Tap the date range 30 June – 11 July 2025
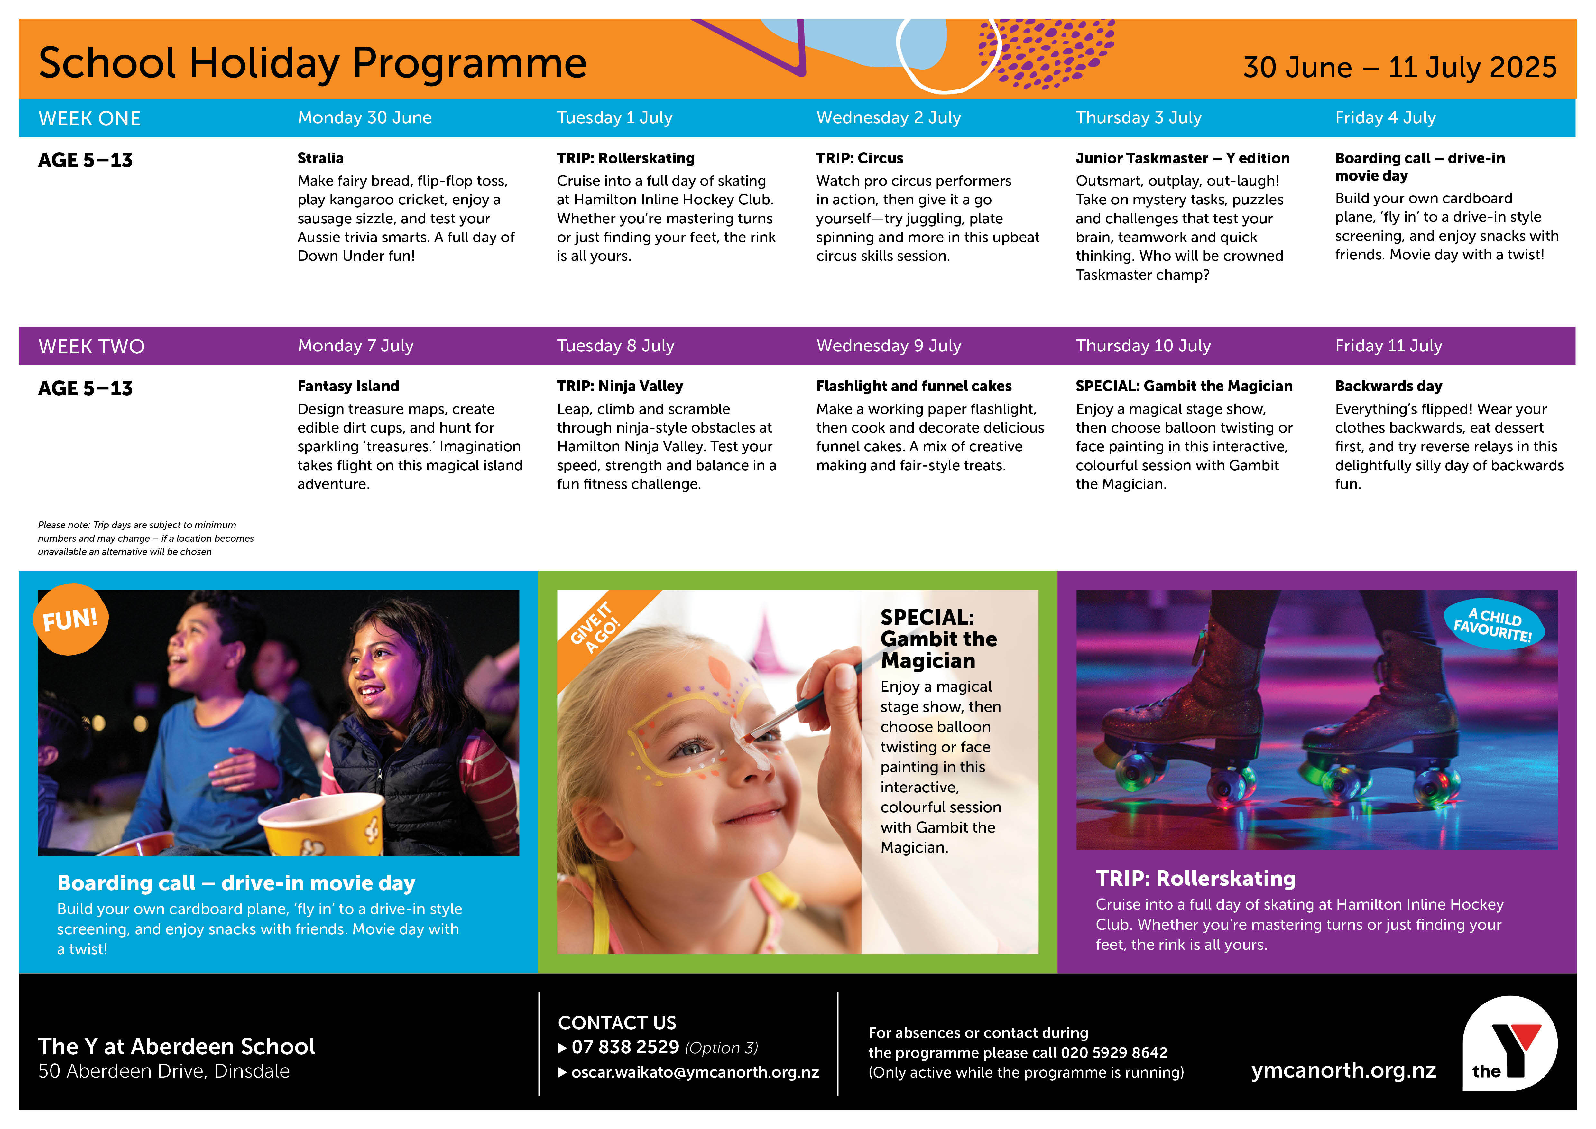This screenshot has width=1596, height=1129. coord(1399,68)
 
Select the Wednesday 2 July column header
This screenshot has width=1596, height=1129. coord(888,117)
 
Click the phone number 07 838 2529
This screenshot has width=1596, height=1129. coord(625,1047)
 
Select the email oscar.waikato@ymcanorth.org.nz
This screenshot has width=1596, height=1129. coord(695,1072)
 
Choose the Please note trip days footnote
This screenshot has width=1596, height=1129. coord(146,538)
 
